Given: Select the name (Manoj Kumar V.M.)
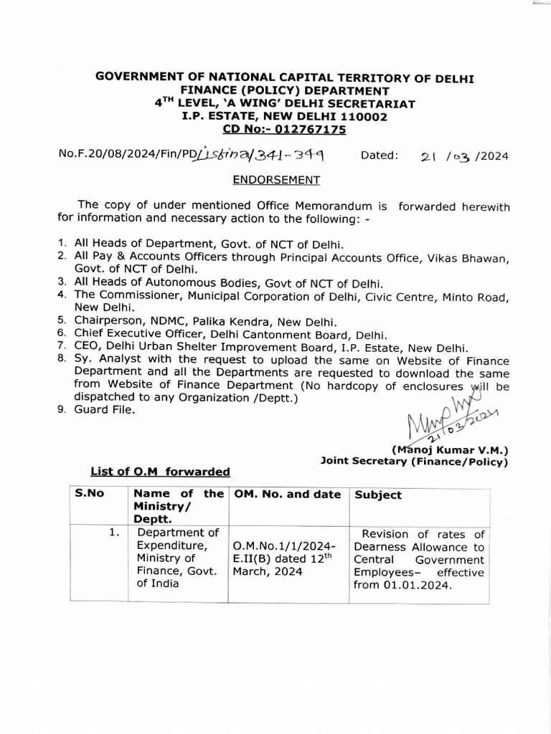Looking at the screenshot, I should click(450, 450).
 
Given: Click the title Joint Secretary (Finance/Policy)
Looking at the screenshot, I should click(414, 462).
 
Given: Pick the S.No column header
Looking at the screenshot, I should click(87, 495).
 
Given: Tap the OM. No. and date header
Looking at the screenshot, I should click(286, 495).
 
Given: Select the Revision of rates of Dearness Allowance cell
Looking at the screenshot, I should click(419, 559).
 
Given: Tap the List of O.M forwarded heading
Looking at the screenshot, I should click(160, 472).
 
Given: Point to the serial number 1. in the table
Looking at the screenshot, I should click(113, 533).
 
